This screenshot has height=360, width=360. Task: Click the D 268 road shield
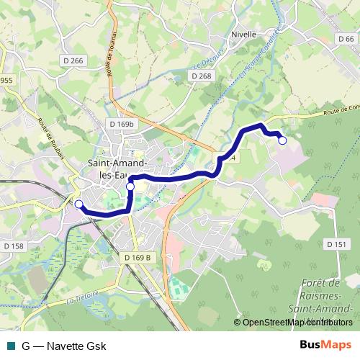click(202, 76)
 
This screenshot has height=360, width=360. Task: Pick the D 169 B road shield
click(138, 257)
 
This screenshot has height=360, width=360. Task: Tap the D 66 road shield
click(346, 39)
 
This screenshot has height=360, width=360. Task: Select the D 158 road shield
click(13, 246)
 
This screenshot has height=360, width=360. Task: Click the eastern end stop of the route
click(282, 140)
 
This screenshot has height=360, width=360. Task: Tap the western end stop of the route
click(78, 204)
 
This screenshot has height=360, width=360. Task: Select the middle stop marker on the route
click(130, 187)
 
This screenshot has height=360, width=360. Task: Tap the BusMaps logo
click(325, 346)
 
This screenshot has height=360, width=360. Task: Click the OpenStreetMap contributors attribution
click(297, 322)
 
